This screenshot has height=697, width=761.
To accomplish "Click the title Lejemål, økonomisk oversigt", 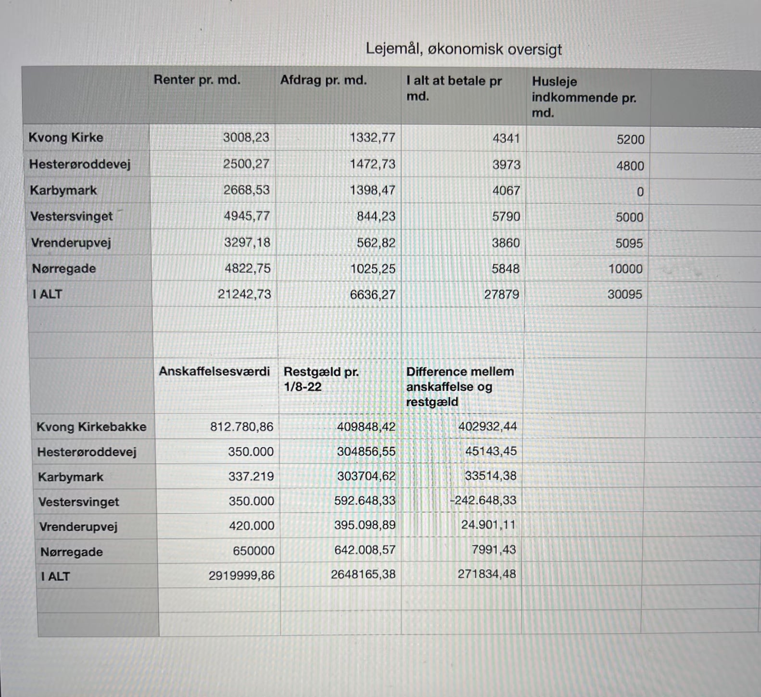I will click(x=464, y=49).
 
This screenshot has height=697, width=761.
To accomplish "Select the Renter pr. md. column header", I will click(x=197, y=80).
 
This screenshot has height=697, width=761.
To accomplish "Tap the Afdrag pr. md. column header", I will click(x=323, y=80).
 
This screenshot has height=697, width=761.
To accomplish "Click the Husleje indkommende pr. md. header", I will click(x=583, y=97).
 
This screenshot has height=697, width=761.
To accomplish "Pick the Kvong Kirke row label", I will click(x=66, y=137).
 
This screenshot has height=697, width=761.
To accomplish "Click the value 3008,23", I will click(x=246, y=137).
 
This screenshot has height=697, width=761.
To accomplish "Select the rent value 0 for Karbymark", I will click(x=640, y=192).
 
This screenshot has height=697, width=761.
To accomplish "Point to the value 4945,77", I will click(x=246, y=216).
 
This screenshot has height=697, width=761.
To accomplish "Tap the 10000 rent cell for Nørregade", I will click(x=625, y=269).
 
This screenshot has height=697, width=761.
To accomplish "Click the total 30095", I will click(x=624, y=294).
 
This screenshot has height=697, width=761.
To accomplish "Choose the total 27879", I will click(x=501, y=294).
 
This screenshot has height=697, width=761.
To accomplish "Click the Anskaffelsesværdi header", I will click(x=214, y=372).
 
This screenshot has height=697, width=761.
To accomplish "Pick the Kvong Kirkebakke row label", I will click(x=91, y=427).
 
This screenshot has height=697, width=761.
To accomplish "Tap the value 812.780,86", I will click(x=241, y=427).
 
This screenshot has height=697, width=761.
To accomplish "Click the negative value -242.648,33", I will click(x=482, y=500).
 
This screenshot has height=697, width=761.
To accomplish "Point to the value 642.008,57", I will click(x=365, y=550).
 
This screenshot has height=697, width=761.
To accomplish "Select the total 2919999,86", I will click(x=241, y=575).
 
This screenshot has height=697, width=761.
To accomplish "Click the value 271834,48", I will click(x=486, y=574).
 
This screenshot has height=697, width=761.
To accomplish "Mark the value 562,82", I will click(x=376, y=243).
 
